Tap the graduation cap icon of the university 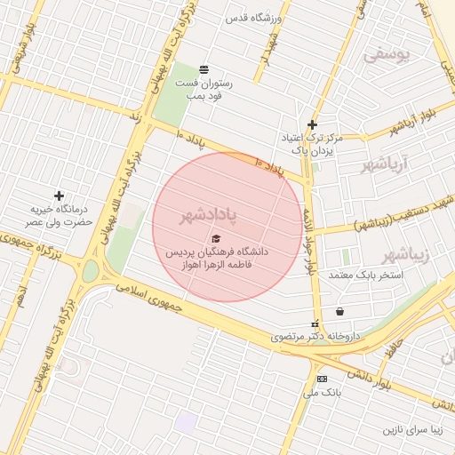(x=215, y=238)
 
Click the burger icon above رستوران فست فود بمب (x=204, y=69)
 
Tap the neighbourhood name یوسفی (x=388, y=55)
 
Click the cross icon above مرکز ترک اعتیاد (x=311, y=124)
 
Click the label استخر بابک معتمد (x=366, y=275)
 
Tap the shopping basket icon (x=339, y=311)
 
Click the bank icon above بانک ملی (x=322, y=379)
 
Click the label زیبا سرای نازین (x=413, y=430)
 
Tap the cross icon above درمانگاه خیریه (x=59, y=196)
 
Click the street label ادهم (x=19, y=295)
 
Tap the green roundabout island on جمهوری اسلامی (x=90, y=271)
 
